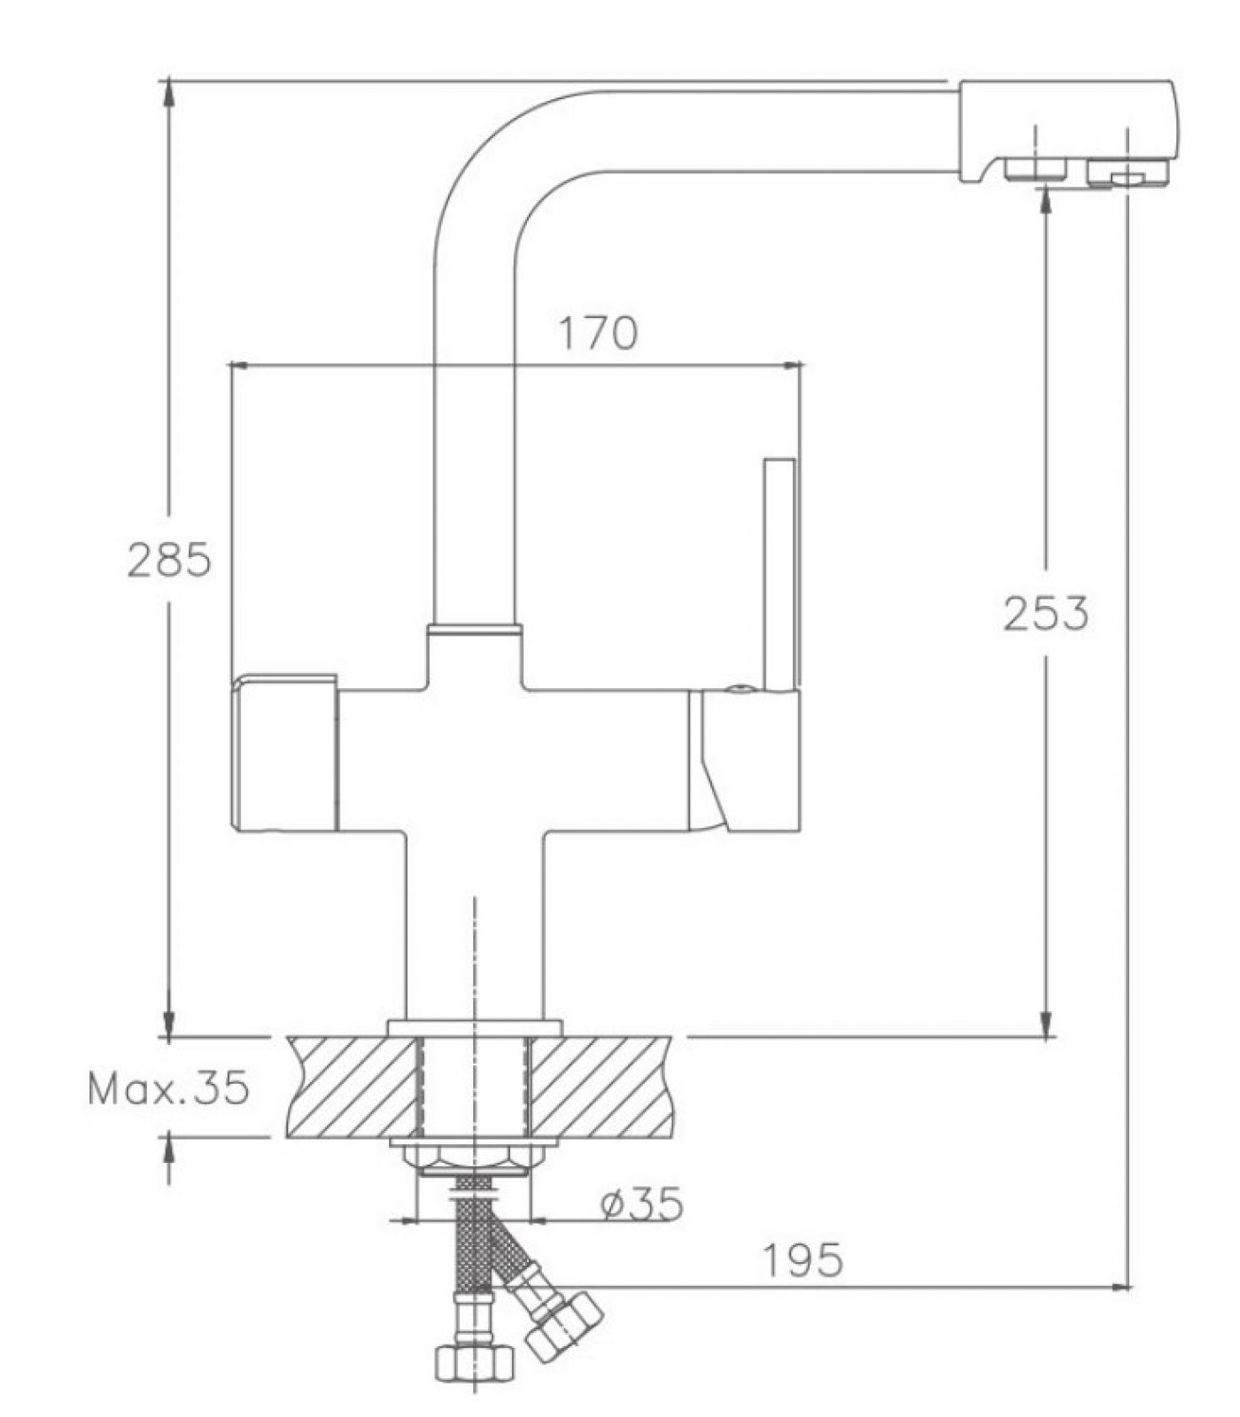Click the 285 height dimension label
(x=169, y=559)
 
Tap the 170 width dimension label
(x=598, y=333)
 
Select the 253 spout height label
(x=1045, y=614)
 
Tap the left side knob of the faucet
(x=284, y=753)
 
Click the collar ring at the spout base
(x=474, y=631)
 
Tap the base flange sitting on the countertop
(x=475, y=1028)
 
